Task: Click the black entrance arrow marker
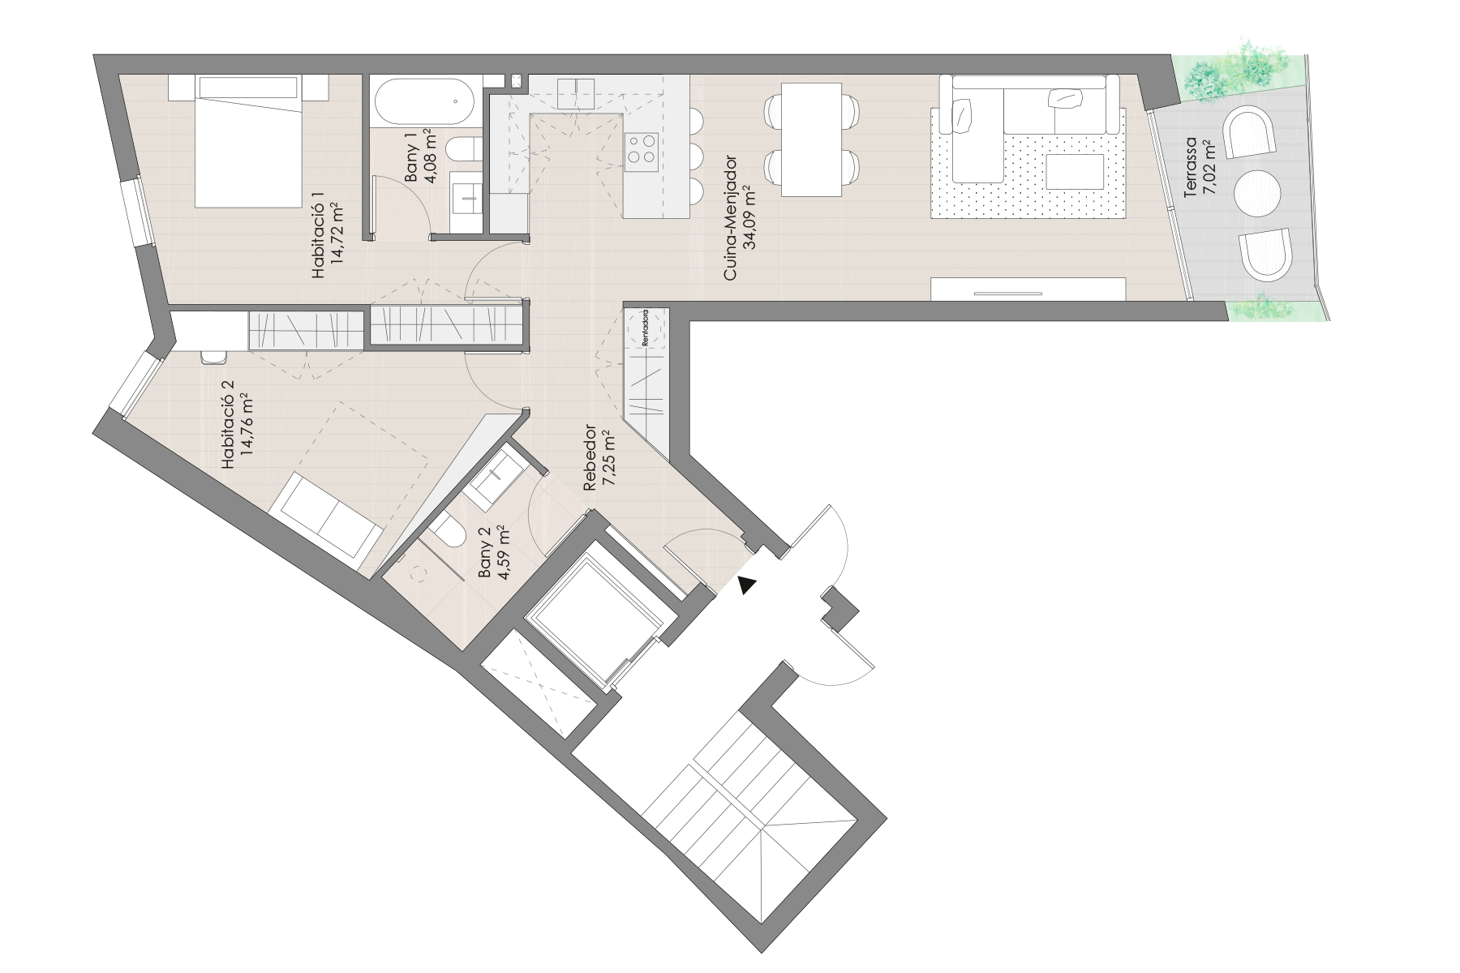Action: (x=747, y=585)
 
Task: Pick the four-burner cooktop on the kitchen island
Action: (x=642, y=149)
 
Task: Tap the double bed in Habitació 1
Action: (x=247, y=142)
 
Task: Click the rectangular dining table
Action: (x=811, y=139)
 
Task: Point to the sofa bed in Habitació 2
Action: (x=327, y=516)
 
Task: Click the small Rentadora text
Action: (x=645, y=328)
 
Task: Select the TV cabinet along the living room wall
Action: (x=1028, y=289)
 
